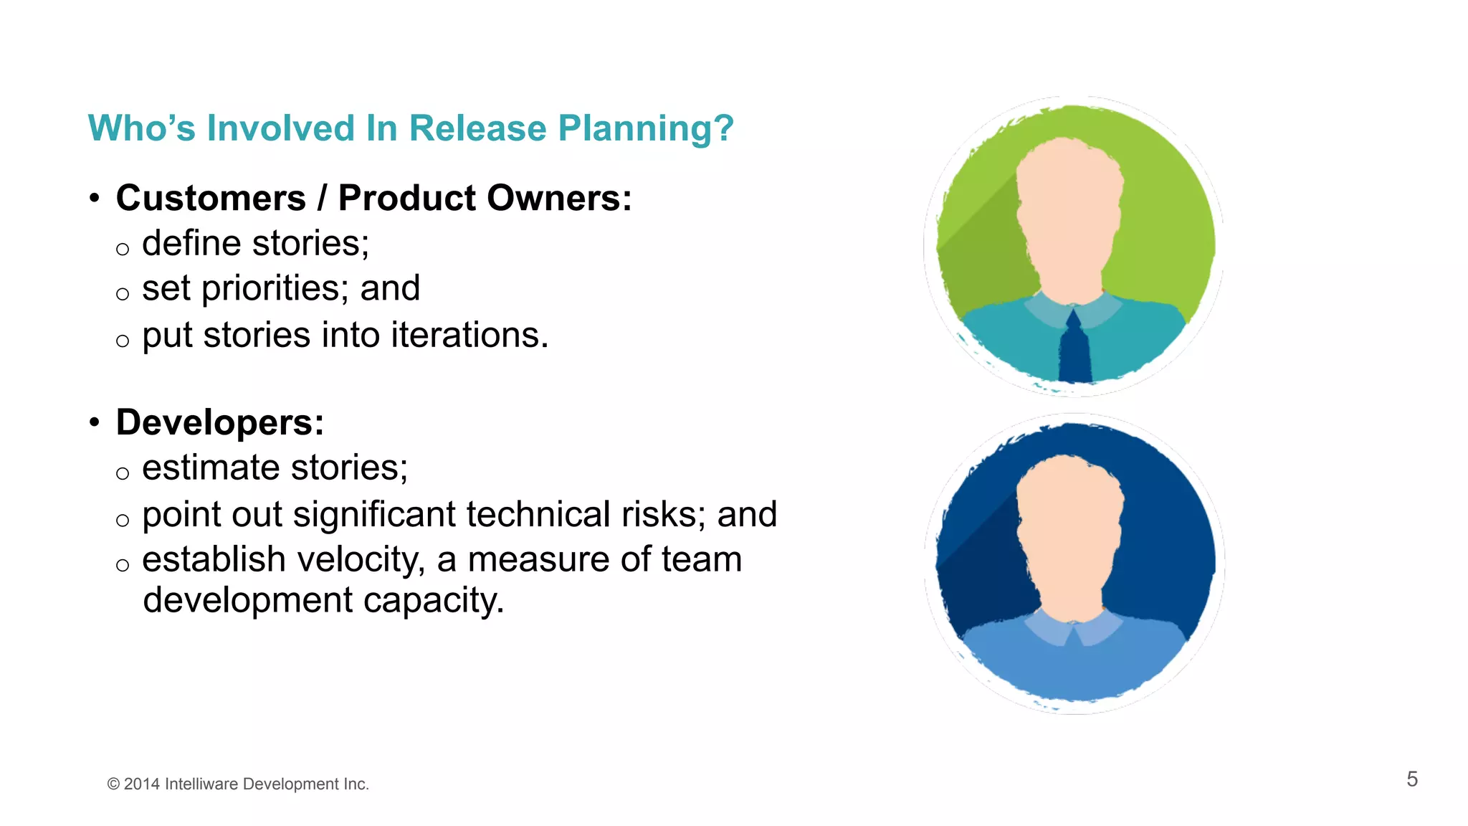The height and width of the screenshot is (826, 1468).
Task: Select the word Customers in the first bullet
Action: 211,198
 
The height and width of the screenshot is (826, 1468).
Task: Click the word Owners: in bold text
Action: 566,198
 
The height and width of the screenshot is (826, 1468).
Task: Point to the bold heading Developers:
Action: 219,422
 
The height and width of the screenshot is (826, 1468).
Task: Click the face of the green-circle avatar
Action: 1069,215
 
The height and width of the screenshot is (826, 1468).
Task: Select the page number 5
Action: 1411,779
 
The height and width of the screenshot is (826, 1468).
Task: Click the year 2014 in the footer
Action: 141,784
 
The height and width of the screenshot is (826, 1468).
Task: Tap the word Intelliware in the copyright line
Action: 201,784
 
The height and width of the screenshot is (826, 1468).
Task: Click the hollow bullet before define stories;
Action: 123,250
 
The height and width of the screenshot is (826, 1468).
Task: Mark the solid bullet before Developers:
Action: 95,422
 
